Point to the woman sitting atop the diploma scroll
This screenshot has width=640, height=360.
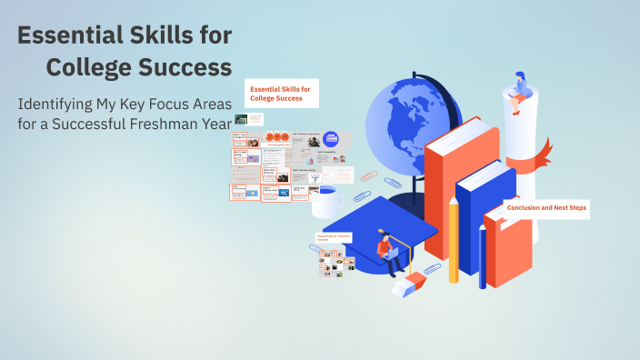[521, 91]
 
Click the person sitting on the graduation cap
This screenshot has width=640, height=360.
[389, 254]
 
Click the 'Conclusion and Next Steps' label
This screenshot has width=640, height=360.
[546, 208]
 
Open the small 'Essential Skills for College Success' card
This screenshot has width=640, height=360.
[281, 93]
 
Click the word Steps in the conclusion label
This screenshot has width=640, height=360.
[576, 208]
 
